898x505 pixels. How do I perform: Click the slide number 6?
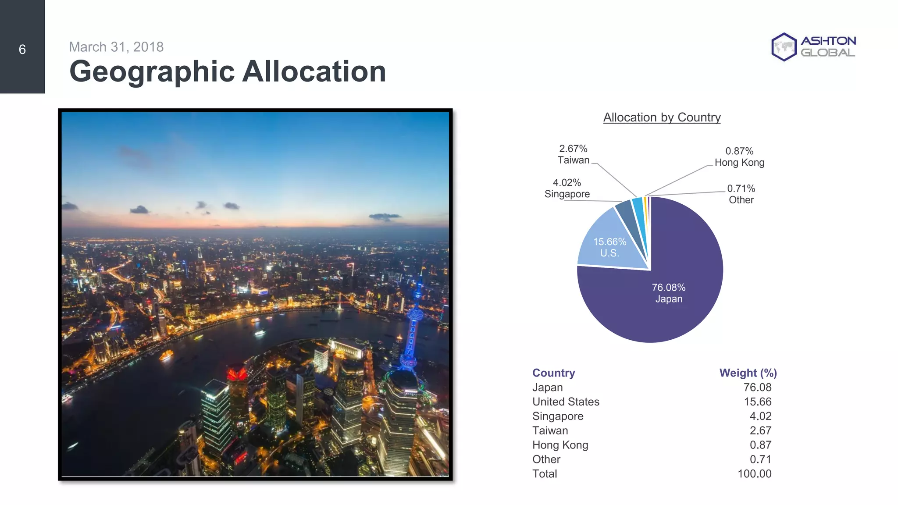[x=22, y=50]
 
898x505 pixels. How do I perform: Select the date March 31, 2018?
[x=116, y=47]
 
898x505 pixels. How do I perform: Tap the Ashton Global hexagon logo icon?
[x=784, y=47]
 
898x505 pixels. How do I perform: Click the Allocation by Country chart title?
[x=662, y=117]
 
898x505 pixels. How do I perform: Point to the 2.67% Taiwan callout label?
[x=573, y=154]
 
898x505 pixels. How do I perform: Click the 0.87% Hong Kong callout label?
[x=739, y=157]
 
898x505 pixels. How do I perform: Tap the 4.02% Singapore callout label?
[x=567, y=188]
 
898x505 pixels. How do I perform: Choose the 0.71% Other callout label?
[x=741, y=194]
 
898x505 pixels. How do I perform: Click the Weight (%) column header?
[x=748, y=373]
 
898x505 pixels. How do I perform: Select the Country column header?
[x=553, y=373]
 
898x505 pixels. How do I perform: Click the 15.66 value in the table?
[x=757, y=402]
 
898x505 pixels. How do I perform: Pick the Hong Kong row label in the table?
[x=560, y=445]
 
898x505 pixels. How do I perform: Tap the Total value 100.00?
[x=754, y=474]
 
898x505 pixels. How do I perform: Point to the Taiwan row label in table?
[x=550, y=430]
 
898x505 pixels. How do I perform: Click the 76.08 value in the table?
[x=757, y=388]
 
